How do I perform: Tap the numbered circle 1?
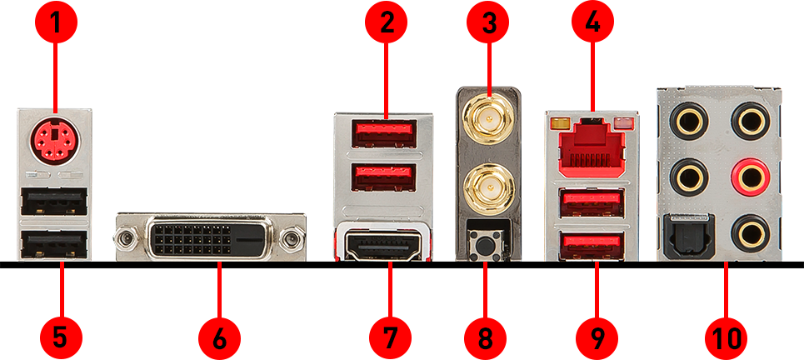55,22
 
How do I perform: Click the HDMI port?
383,246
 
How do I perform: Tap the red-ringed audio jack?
751,175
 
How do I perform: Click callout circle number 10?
726,338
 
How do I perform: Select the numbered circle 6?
219,338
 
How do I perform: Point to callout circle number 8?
485,338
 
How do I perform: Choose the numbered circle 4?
592,22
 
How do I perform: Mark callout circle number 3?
489,22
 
